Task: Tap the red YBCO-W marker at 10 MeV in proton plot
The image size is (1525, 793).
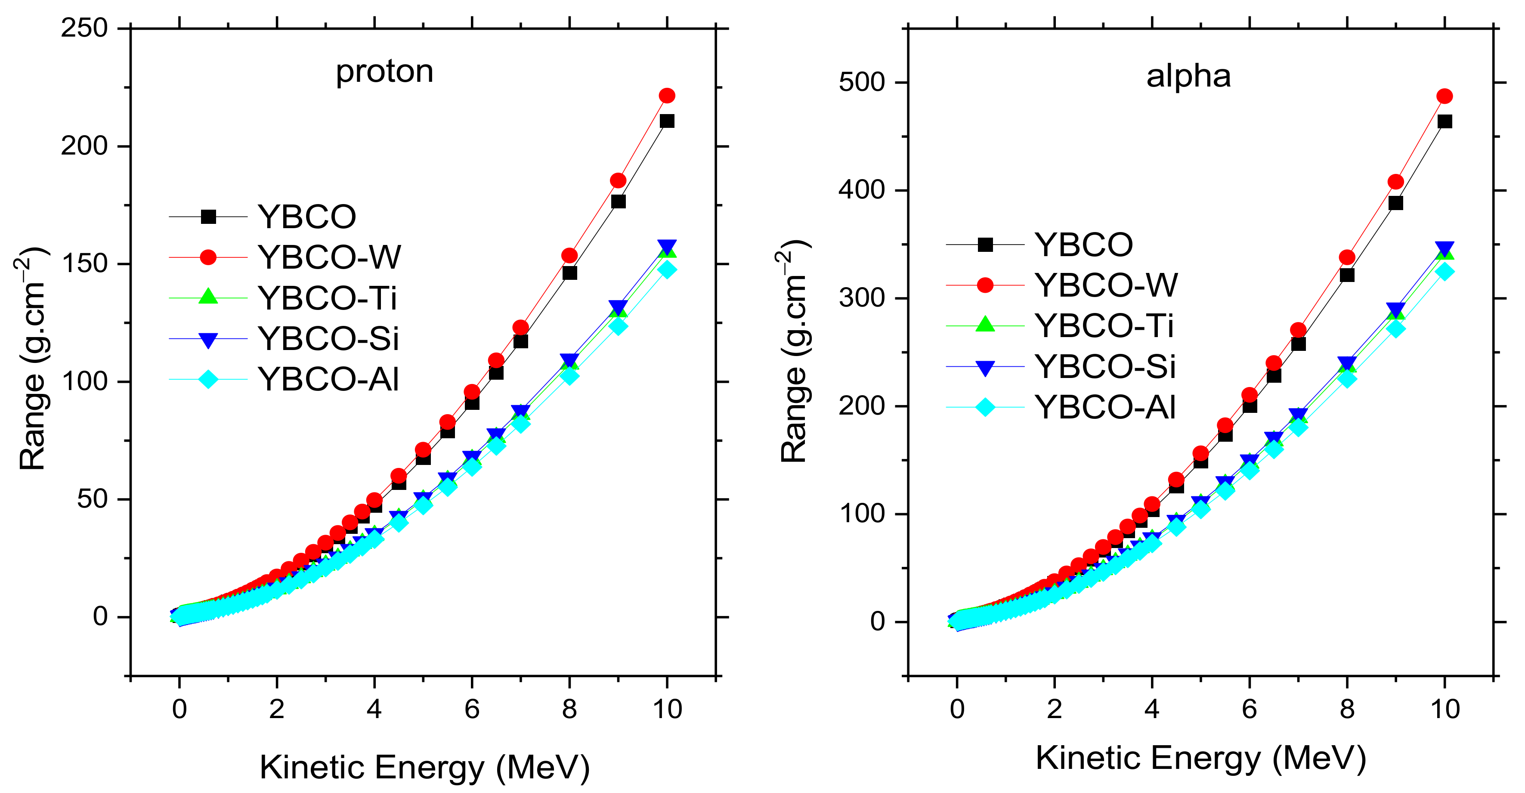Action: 667,95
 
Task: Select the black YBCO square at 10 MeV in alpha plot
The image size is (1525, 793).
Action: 1445,121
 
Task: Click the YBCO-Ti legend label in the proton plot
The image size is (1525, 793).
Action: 328,298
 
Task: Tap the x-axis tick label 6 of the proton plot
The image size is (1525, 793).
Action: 472,709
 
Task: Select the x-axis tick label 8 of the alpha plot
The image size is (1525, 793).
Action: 1347,709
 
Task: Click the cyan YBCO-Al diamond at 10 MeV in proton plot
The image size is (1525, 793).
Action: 667,269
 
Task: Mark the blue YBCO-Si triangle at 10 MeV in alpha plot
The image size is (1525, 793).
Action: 1445,249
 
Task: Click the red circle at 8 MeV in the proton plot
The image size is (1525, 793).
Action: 569,255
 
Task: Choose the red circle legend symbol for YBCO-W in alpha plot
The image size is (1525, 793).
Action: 985,285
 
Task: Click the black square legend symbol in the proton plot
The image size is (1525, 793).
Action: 208,217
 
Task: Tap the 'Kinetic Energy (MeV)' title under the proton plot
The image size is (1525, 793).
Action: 424,768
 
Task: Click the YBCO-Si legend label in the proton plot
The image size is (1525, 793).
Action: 328,339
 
